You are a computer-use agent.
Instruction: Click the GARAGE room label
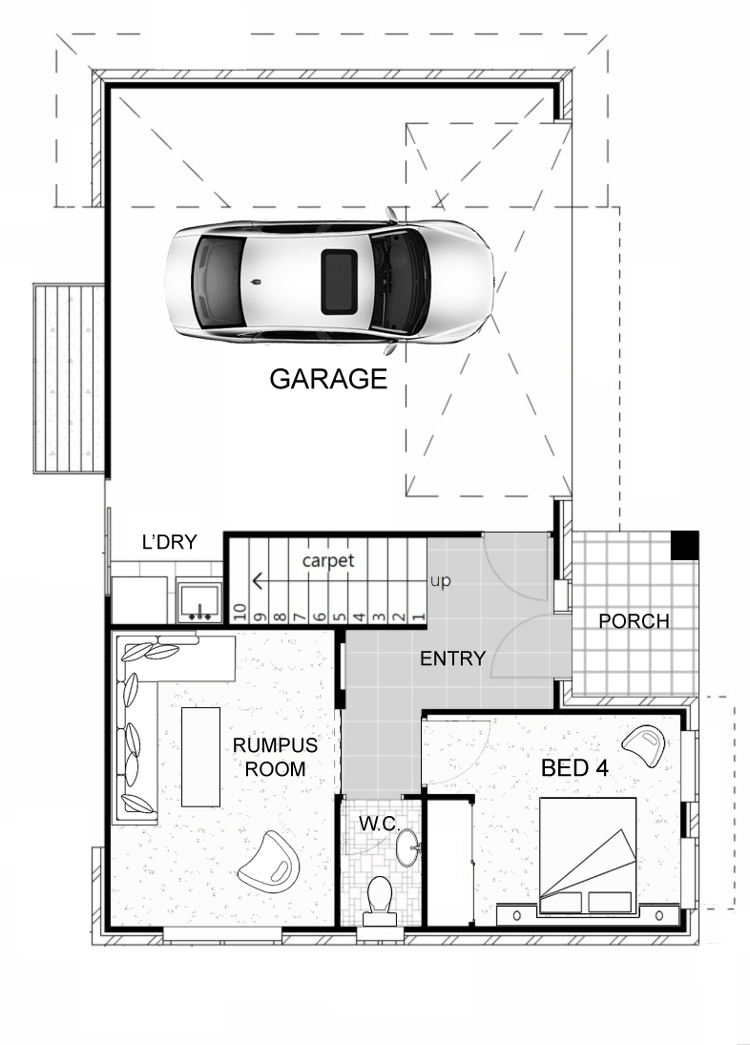coord(328,379)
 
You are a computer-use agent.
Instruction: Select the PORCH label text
coord(634,621)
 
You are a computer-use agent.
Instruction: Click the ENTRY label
coord(453,658)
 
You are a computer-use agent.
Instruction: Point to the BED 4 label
coord(574,767)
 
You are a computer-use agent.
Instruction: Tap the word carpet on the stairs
coord(328,560)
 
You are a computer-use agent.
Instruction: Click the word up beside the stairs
coord(441,580)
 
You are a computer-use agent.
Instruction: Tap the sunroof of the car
coord(337,280)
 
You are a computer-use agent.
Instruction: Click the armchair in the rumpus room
coord(269,858)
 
